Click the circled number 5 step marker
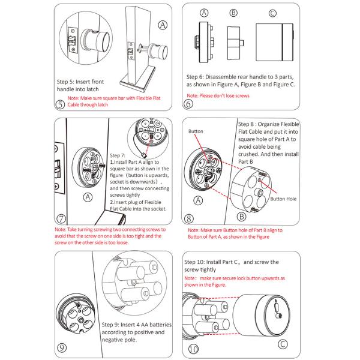tap(59, 104)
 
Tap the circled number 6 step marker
tap(188, 103)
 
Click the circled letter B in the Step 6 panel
tap(233, 12)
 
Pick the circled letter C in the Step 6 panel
tap(272, 12)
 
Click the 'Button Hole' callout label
tap(284, 198)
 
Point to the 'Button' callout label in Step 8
tap(196, 130)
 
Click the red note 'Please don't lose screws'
tap(217, 96)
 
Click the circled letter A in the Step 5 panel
tap(162, 25)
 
